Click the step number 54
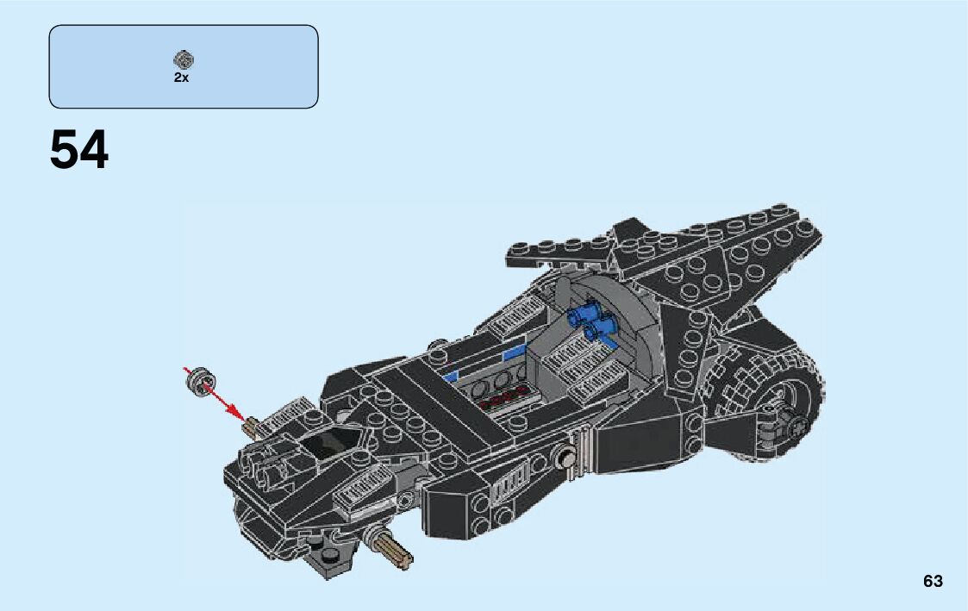point(79,151)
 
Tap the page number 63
point(933,581)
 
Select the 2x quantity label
point(181,78)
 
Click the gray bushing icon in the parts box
point(183,59)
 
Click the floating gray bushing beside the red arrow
point(202,380)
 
